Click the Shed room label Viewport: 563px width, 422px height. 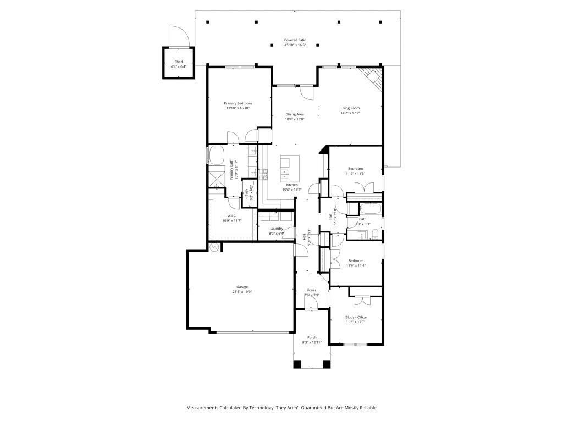(x=179, y=62)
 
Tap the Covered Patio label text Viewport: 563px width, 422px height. (x=295, y=40)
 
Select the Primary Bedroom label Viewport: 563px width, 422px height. (x=238, y=103)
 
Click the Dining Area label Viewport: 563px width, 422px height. (x=295, y=114)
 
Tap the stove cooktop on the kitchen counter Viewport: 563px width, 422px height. (x=264, y=174)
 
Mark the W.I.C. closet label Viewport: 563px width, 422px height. (x=232, y=216)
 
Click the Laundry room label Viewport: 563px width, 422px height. (x=276, y=229)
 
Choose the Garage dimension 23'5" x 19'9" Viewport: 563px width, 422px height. (x=242, y=292)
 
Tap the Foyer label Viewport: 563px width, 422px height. (x=312, y=290)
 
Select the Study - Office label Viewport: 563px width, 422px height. (x=356, y=317)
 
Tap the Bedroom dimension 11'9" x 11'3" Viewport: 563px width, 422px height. (x=355, y=174)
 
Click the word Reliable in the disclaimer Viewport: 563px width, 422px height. (x=367, y=408)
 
